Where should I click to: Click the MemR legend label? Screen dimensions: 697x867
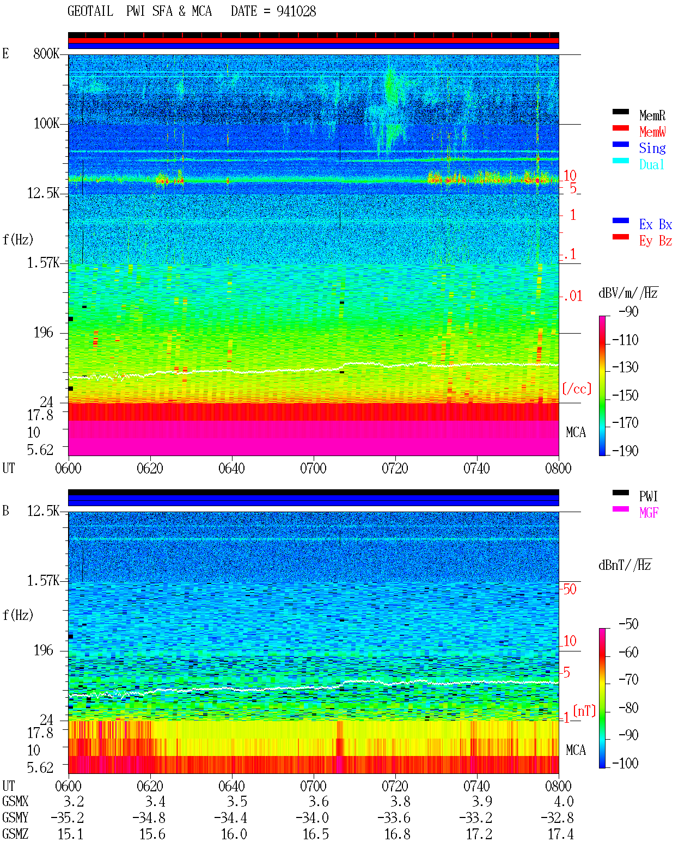click(x=652, y=115)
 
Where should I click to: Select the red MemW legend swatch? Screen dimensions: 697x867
click(x=620, y=128)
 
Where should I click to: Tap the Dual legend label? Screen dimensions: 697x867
click(x=651, y=164)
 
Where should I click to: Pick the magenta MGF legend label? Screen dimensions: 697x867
click(x=649, y=513)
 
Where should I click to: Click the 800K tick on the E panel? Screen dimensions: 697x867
click(x=46, y=53)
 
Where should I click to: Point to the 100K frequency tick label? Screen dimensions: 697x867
click(x=46, y=124)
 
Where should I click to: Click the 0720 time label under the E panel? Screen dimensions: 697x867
click(x=395, y=468)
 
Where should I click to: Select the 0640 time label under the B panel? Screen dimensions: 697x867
click(x=231, y=786)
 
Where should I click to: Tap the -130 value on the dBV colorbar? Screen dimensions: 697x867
click(x=625, y=367)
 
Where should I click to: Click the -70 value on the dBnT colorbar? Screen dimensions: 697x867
click(x=628, y=680)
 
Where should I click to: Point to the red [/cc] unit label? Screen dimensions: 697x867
click(x=577, y=389)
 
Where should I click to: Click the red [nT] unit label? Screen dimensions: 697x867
click(x=584, y=711)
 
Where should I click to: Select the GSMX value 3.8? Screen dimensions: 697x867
click(x=400, y=802)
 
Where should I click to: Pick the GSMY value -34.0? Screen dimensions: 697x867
click(x=312, y=818)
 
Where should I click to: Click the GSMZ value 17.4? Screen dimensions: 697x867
click(x=560, y=834)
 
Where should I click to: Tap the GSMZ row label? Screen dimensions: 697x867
click(x=15, y=834)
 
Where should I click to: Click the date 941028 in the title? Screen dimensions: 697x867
click(x=296, y=11)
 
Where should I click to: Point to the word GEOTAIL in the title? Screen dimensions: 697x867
click(x=90, y=11)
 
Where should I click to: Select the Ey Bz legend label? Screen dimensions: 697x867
click(x=656, y=241)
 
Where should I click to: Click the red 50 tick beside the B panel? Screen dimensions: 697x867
click(x=570, y=589)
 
